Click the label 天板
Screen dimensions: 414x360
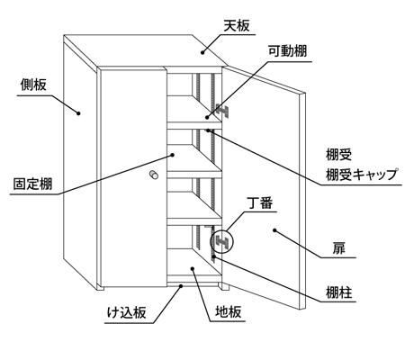237,26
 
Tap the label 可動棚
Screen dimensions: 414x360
287,51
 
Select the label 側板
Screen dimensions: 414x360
33,85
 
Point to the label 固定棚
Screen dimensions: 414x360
32,184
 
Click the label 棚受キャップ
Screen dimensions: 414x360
362,175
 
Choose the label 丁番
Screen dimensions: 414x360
260,203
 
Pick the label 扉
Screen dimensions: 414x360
338,248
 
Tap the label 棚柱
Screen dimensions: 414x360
339,292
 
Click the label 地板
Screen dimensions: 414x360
229,312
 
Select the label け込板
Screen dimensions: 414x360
127,312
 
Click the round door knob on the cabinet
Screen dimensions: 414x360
154,175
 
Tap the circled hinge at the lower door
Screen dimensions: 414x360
221,241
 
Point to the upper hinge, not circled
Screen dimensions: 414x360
221,112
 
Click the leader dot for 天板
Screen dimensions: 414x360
202,52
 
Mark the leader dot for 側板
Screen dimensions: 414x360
78,113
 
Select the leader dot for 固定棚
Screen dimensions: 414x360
173,155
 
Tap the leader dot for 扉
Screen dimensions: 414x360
274,230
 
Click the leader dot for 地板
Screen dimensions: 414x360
193,268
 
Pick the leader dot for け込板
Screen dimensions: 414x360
181,286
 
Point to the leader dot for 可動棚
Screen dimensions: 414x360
207,118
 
